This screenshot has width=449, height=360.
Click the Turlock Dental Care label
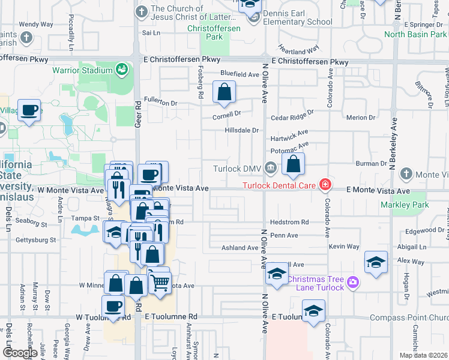[279, 185]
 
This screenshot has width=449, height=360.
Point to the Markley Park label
[405, 205]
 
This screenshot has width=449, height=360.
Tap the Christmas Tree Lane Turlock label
[316, 283]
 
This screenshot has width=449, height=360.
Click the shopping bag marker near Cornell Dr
[224, 92]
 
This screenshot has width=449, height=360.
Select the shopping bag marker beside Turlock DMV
[293, 164]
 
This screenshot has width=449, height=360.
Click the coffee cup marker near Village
[29, 110]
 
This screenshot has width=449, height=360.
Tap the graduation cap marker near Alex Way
[376, 262]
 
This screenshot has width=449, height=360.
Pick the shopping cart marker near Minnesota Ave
[159, 281]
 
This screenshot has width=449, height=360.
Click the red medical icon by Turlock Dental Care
[325, 184]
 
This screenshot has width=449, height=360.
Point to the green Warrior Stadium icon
[122, 70]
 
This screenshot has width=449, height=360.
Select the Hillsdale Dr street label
[241, 130]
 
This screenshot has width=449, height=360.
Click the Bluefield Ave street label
[239, 74]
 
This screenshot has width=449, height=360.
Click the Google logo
[20, 353]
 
